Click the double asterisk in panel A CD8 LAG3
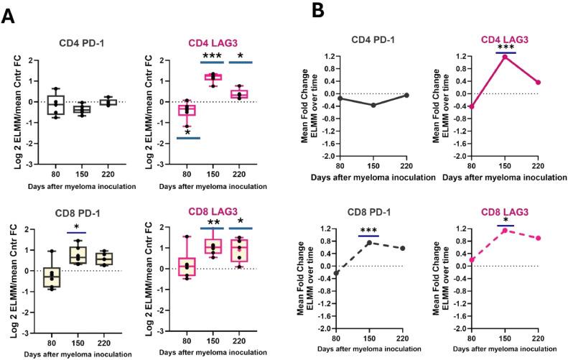tap(213, 223)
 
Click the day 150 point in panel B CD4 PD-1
tap(375, 105)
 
